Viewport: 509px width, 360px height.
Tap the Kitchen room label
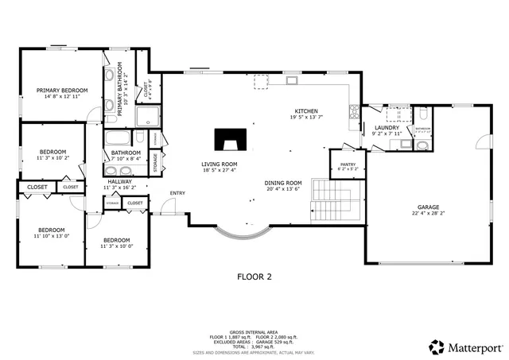[306, 110]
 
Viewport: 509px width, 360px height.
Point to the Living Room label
[220, 164]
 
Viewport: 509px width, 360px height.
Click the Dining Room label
[283, 183]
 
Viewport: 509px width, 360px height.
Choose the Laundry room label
[387, 127]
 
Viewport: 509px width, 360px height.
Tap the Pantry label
[348, 165]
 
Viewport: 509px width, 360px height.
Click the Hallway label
[120, 181]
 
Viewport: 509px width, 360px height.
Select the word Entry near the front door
[177, 193]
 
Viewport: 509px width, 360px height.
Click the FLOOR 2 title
[254, 277]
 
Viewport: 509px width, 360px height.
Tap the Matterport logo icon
[437, 347]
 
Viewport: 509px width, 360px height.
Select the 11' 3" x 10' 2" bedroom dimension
[53, 157]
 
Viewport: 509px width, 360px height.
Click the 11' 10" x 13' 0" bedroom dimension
[51, 236]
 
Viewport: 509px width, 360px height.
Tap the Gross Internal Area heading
[254, 333]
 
